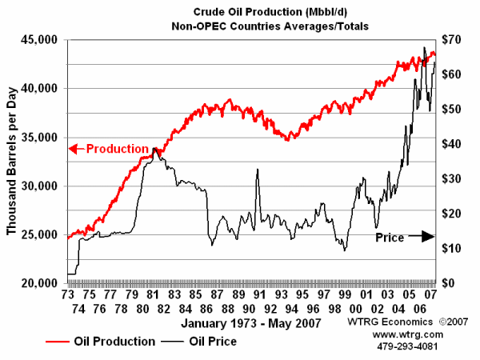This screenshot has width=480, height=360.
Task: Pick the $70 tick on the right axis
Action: (455, 40)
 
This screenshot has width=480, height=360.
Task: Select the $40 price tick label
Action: (455, 144)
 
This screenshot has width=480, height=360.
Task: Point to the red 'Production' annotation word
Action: (117, 149)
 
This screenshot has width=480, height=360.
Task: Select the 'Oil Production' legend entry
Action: (114, 342)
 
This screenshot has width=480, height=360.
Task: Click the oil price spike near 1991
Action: (258, 170)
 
